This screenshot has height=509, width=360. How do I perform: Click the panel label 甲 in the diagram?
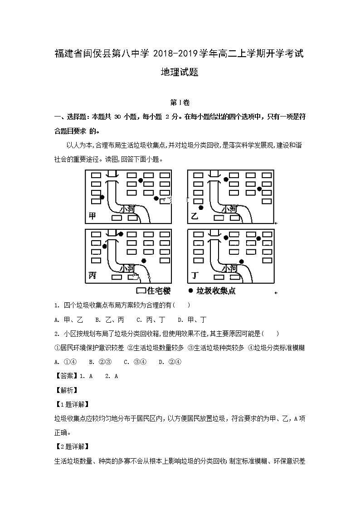pyautogui.click(x=92, y=216)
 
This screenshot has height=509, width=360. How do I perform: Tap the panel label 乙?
pyautogui.click(x=195, y=216)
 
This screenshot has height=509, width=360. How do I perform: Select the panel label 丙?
pyautogui.click(x=93, y=276)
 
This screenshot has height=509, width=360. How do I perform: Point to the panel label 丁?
pyautogui.click(x=195, y=276)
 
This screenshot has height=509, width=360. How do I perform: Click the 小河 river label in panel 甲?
pyautogui.click(x=128, y=209)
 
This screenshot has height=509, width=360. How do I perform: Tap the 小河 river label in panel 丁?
pyautogui.click(x=229, y=268)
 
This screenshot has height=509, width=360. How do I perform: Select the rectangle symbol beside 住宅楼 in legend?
pyautogui.click(x=141, y=291)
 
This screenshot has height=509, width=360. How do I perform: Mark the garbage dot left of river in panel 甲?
pyautogui.click(x=102, y=197)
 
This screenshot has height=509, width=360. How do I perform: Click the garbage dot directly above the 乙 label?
pyautogui.click(x=201, y=208)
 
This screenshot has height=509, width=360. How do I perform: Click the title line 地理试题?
pyautogui.click(x=180, y=72)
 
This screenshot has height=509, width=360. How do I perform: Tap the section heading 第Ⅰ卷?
pyautogui.click(x=180, y=102)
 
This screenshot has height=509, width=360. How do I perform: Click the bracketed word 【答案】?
pyautogui.click(x=66, y=376)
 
